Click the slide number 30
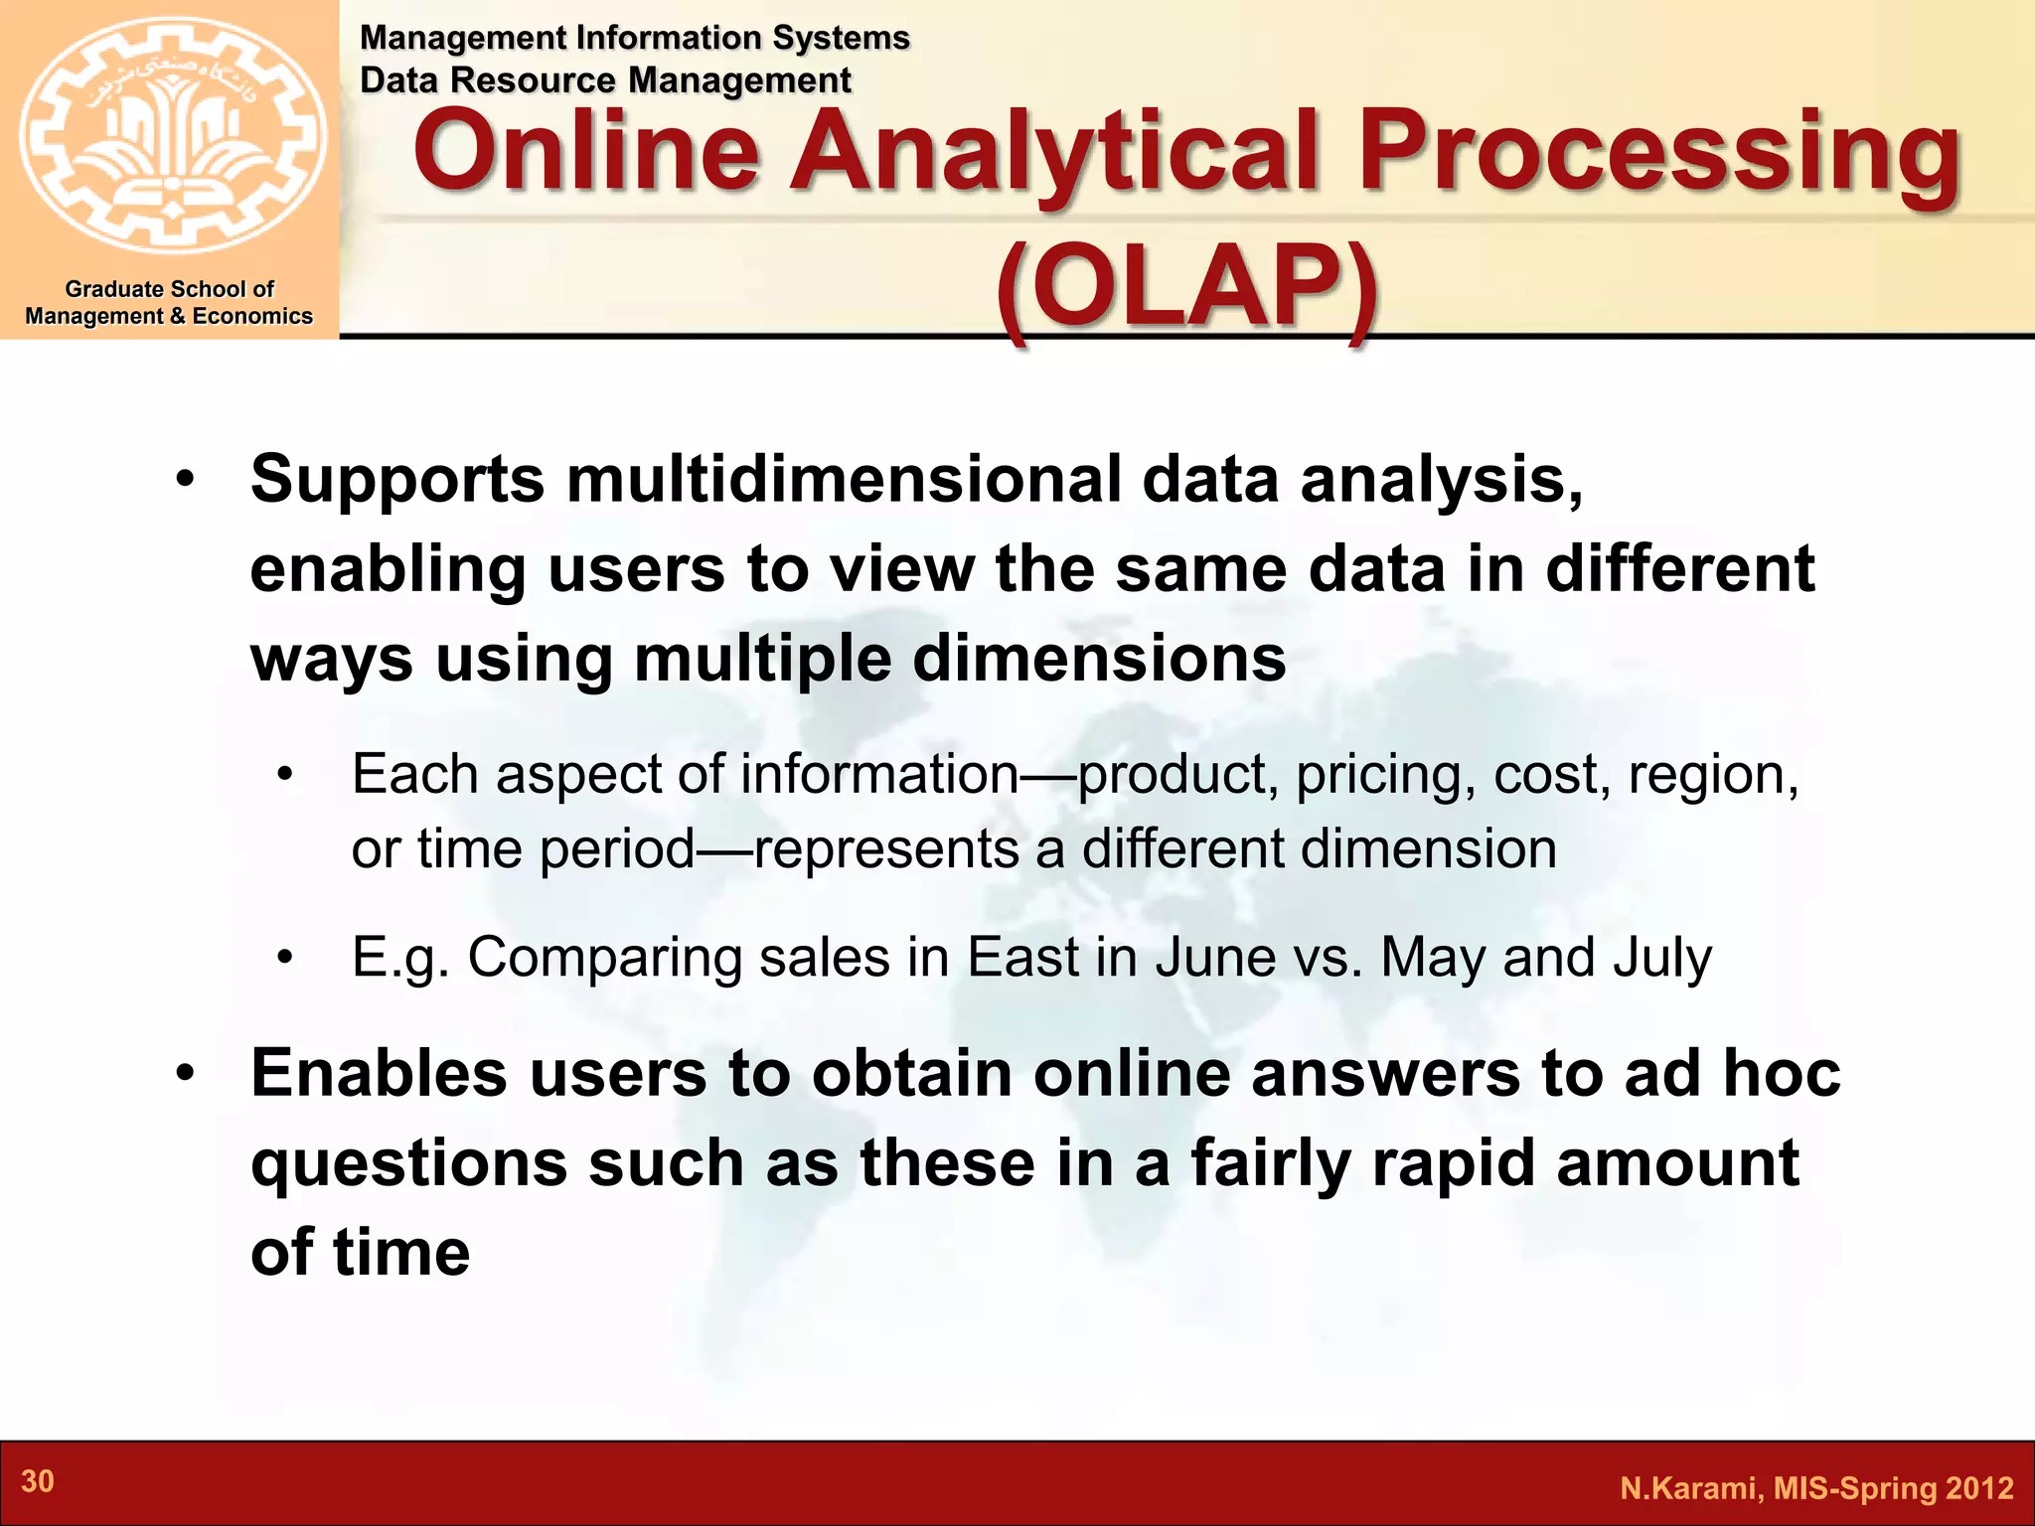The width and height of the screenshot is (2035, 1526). tap(38, 1481)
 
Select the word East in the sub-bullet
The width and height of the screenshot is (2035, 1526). tap(1022, 958)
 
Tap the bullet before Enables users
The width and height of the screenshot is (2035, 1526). tap(186, 1075)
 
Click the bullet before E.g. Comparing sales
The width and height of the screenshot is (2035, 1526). tap(286, 959)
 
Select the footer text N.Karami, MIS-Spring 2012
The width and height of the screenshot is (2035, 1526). tap(1816, 1488)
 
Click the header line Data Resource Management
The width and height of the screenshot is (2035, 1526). tap(605, 80)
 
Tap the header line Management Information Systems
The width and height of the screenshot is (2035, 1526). tap(634, 38)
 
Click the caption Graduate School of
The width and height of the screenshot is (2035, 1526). tap(169, 289)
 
